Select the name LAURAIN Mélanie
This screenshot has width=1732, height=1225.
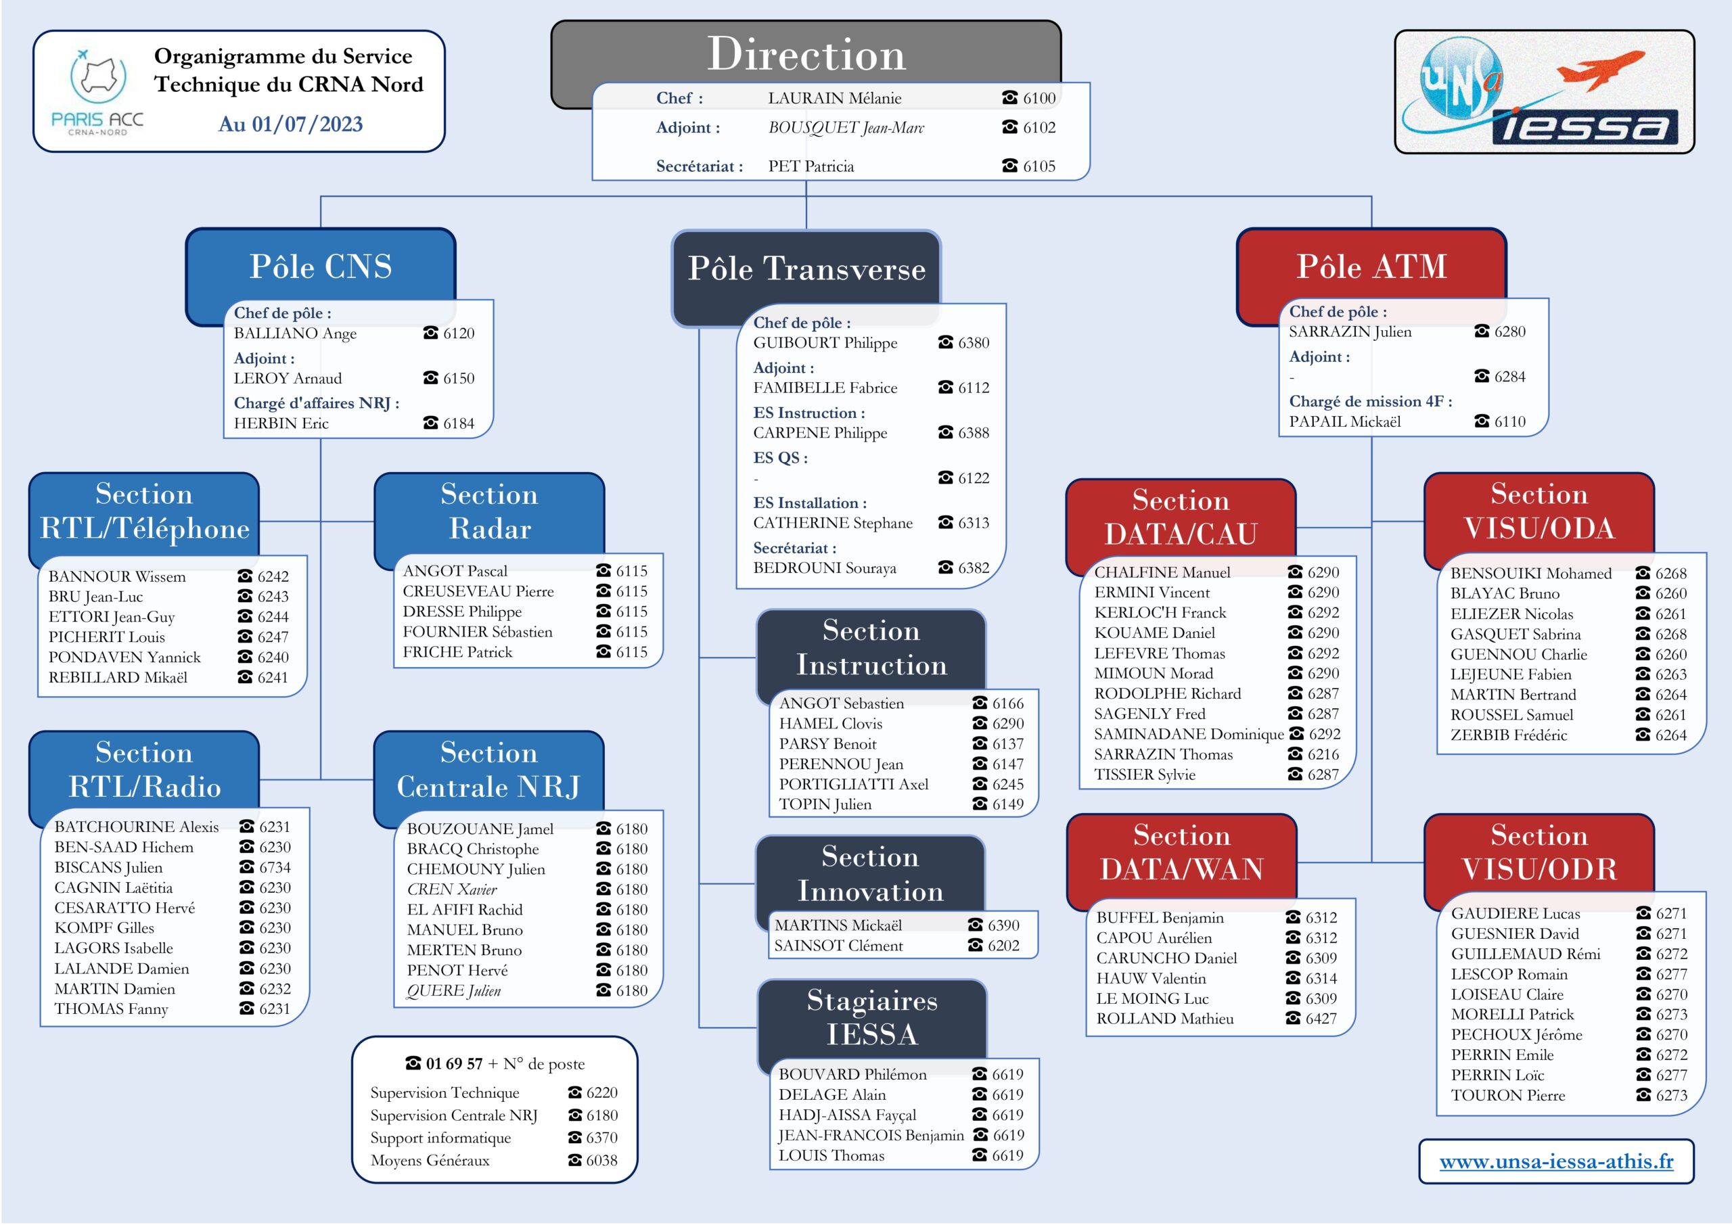click(834, 98)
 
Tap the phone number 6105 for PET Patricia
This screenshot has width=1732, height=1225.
click(1039, 166)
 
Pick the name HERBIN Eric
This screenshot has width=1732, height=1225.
click(281, 423)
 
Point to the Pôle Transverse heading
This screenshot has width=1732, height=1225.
click(806, 269)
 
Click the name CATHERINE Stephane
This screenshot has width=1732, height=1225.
click(833, 523)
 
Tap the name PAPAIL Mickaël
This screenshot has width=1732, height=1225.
click(1344, 421)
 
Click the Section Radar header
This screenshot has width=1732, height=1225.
click(490, 511)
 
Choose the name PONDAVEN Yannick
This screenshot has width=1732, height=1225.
click(124, 657)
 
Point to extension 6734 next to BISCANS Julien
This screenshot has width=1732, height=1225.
click(275, 867)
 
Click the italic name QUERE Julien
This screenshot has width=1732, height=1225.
click(453, 990)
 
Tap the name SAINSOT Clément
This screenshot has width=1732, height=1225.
click(838, 945)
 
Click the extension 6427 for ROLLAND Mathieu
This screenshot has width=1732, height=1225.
click(1321, 1018)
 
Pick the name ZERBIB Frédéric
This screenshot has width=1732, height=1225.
click(1508, 735)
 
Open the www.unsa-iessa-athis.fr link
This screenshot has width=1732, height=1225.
click(1556, 1161)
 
